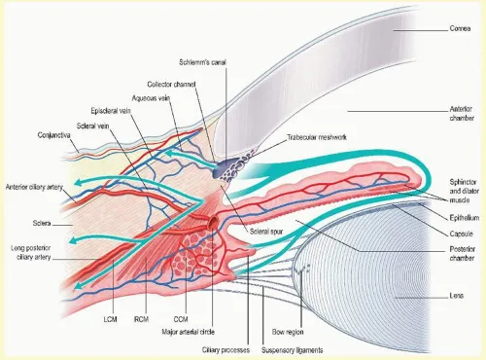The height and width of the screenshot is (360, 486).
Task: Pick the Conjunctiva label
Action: tap(58, 134)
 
